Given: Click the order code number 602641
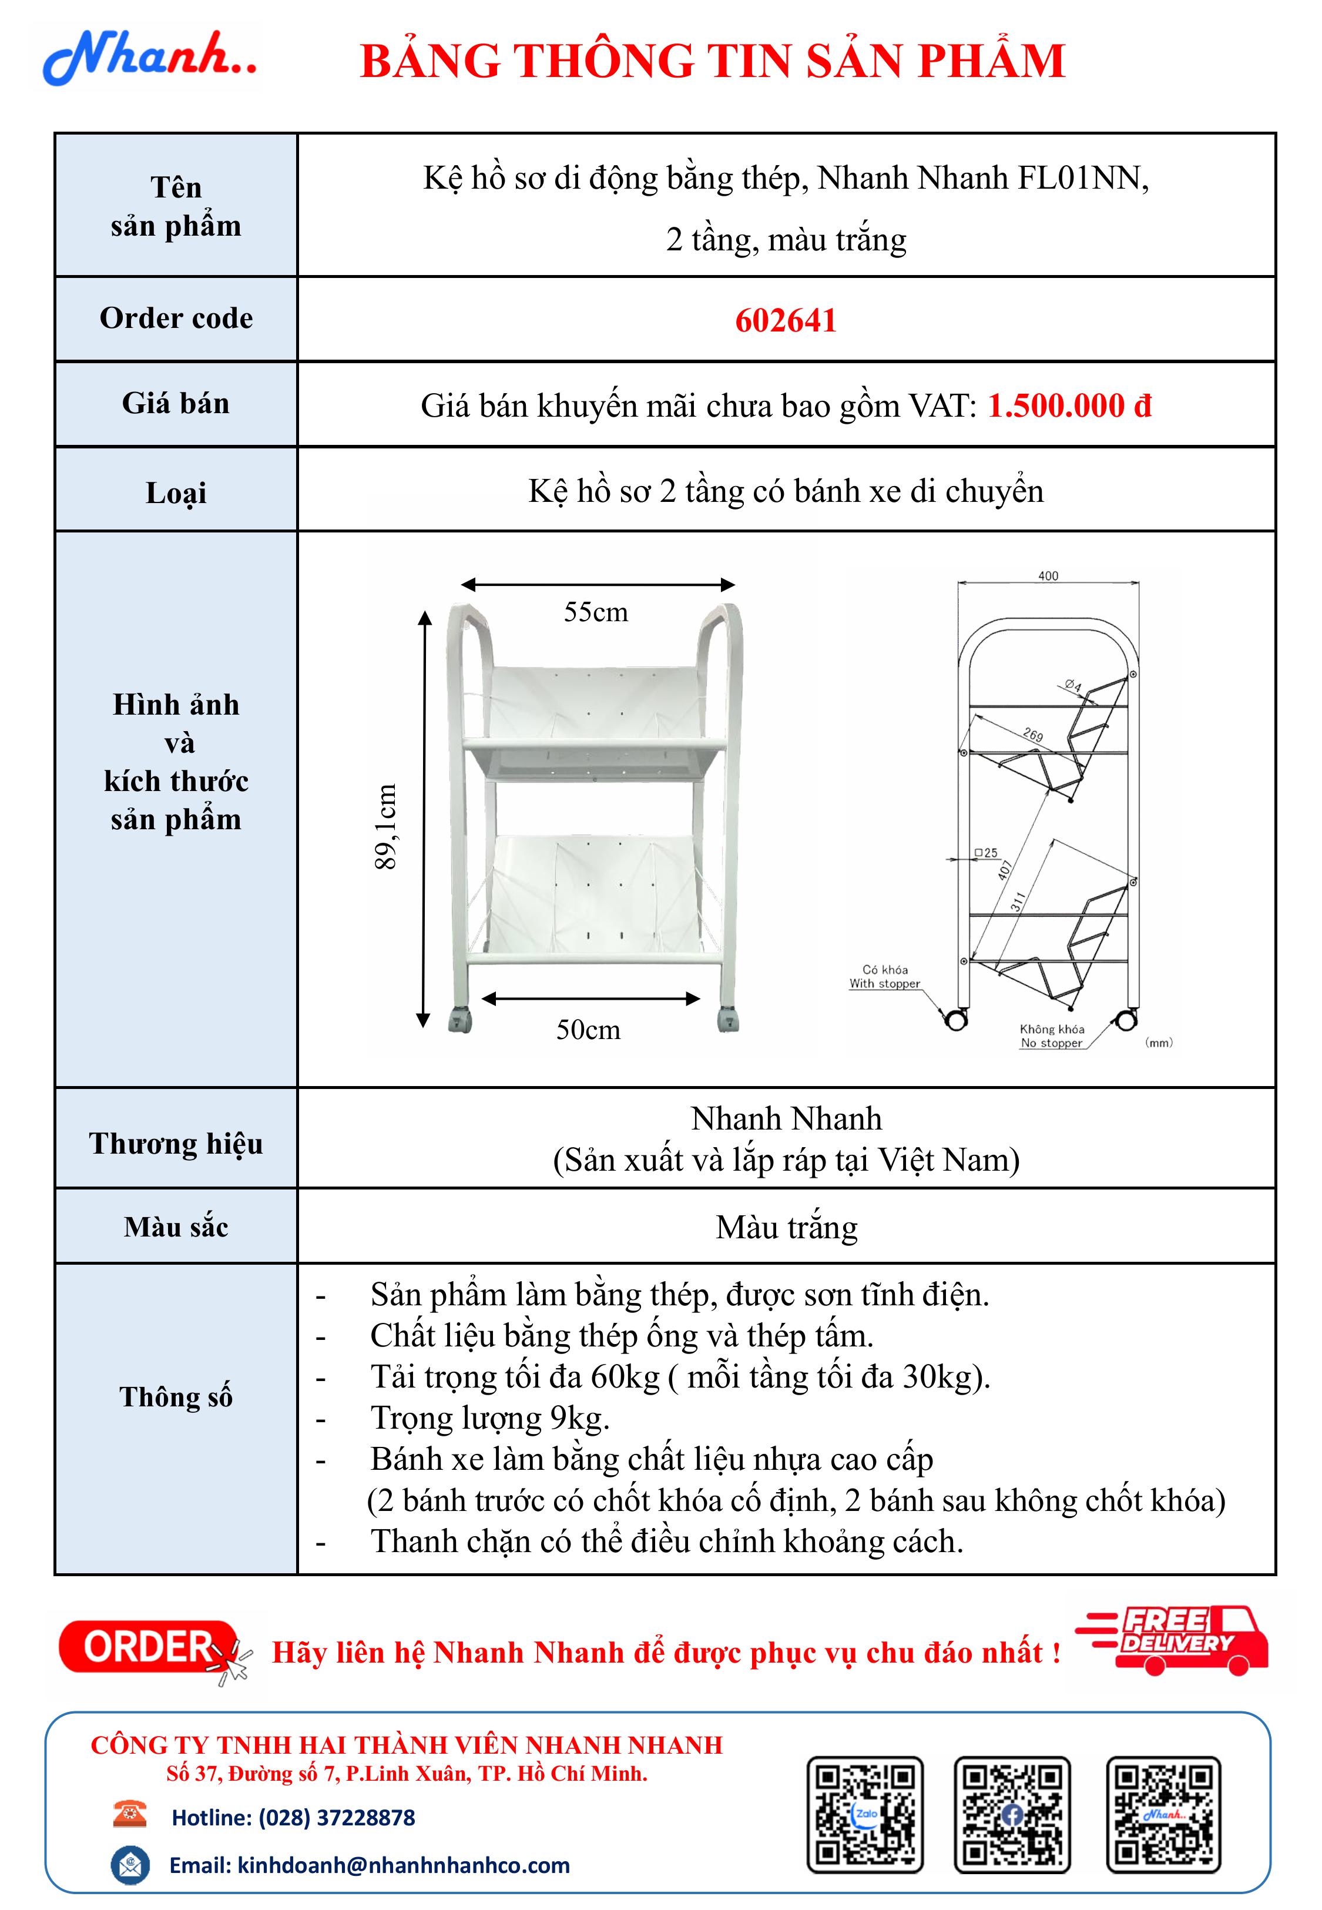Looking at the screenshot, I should [785, 320].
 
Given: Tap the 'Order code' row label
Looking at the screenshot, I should [176, 318].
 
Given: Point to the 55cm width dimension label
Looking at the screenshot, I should [596, 612].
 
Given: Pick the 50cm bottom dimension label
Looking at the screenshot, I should [588, 1030].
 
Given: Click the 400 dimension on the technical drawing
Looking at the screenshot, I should [1048, 576].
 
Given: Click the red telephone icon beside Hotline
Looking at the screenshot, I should [129, 1814].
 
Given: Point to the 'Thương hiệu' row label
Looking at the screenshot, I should [176, 1143].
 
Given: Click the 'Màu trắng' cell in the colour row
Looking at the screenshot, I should [786, 1227].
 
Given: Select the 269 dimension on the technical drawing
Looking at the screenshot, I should [1032, 735].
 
